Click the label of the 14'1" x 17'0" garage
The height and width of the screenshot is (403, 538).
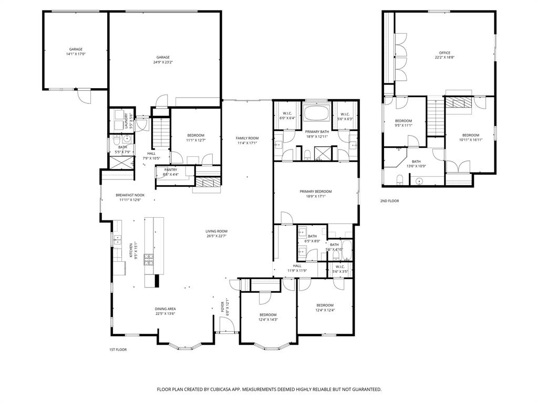(x=76, y=51)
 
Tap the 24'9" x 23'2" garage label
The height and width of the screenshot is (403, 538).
(x=163, y=59)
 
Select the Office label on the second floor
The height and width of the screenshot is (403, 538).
(x=444, y=55)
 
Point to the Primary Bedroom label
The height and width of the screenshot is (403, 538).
(x=316, y=194)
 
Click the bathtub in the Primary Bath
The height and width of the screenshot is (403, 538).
(x=316, y=113)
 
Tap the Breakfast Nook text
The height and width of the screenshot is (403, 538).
(x=130, y=197)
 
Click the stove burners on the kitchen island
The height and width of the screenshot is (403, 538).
(x=149, y=259)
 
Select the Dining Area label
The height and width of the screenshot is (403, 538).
(x=165, y=311)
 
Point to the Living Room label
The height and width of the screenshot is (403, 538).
(x=216, y=234)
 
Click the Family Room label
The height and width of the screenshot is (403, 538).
(x=247, y=140)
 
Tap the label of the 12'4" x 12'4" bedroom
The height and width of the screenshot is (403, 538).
(x=325, y=307)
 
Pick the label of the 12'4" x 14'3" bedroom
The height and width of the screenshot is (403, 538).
(x=268, y=317)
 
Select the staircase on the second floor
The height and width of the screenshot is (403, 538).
(x=434, y=118)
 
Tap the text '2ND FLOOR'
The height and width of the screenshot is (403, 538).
(x=390, y=201)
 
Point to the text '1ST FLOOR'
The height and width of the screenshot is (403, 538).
(x=118, y=349)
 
